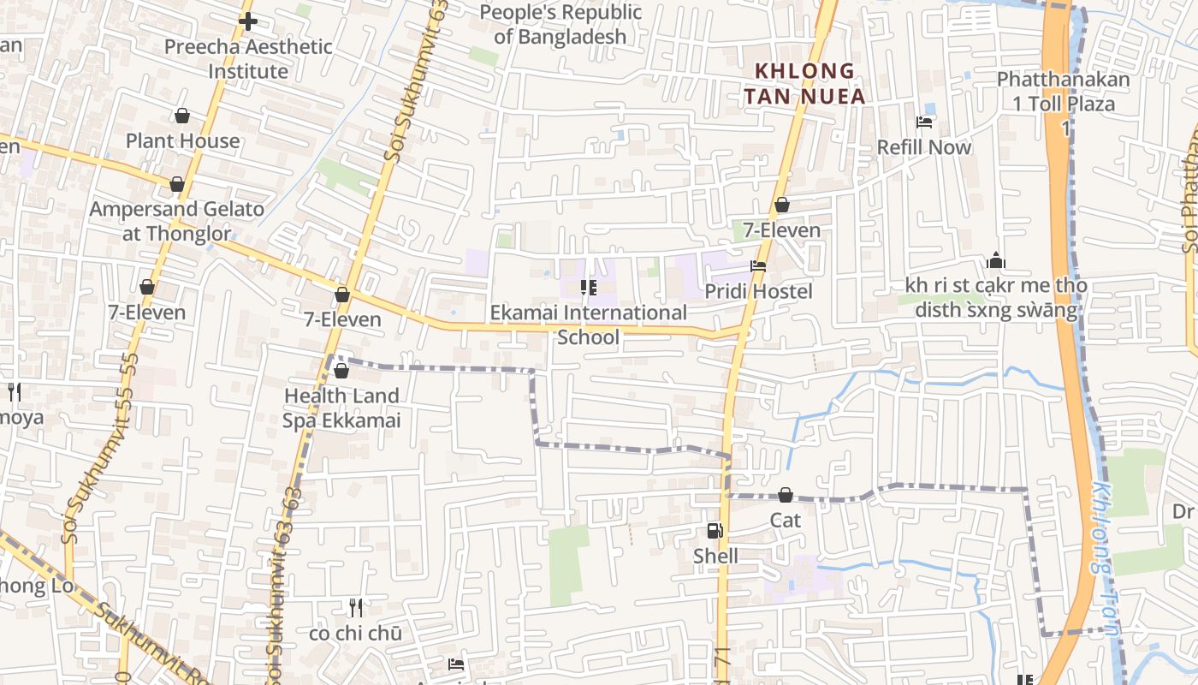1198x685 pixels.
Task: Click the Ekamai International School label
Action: coord(588,325)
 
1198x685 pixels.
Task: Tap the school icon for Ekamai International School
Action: coord(588,288)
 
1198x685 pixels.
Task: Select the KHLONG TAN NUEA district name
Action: coord(804,83)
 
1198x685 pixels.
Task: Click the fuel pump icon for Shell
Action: coord(715,531)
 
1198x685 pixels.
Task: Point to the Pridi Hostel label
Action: coord(758,292)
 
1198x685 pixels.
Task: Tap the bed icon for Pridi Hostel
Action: coord(758,266)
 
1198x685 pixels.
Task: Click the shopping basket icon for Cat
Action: coord(786,495)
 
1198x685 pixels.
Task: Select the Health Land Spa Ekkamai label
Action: coord(341,408)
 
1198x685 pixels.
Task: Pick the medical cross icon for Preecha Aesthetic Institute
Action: coord(248,21)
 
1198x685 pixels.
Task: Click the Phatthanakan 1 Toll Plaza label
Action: coord(1064,92)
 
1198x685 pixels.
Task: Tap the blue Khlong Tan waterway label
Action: coord(1105,557)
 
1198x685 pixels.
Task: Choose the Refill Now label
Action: coord(924,147)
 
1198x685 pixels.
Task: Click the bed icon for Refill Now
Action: coord(924,122)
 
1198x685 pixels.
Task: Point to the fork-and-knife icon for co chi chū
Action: coord(356,608)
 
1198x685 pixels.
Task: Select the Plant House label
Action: coord(183,140)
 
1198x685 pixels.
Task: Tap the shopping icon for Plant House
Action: coord(182,116)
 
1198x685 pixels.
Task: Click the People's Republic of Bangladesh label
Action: coord(560,24)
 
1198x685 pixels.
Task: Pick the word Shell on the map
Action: coord(715,557)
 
